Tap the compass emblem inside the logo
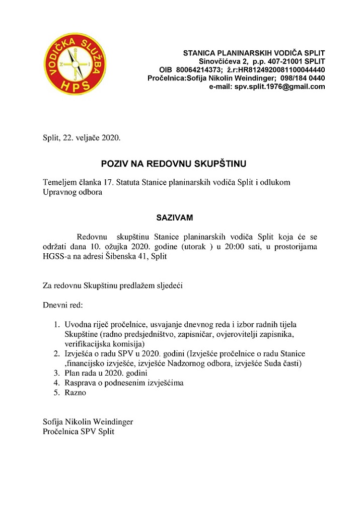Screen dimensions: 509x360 [75, 64]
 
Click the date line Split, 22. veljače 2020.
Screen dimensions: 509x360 [82, 137]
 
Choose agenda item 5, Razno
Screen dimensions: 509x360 [75, 392]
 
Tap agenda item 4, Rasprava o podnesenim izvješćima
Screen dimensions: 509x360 [124, 383]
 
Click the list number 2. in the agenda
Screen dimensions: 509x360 [57, 354]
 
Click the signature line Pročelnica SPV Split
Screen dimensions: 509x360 [79, 431]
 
